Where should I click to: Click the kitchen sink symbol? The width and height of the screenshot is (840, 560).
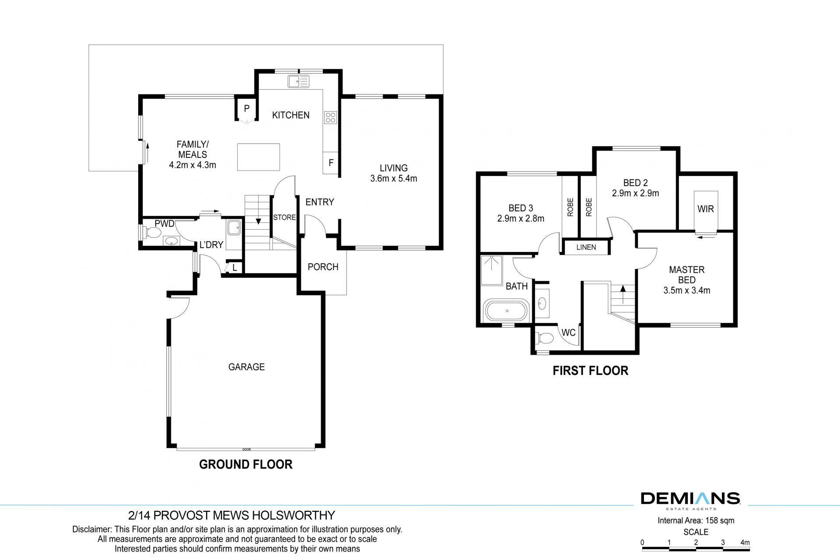[x=298, y=81]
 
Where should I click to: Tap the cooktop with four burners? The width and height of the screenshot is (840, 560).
[x=330, y=118]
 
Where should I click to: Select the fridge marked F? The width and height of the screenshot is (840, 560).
[x=331, y=163]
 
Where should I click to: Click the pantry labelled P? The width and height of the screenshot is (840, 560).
[x=247, y=108]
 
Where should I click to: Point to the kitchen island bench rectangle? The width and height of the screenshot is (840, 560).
[x=259, y=157]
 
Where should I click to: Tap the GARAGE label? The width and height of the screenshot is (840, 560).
[x=246, y=367]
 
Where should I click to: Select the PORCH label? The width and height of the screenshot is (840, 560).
[x=323, y=267]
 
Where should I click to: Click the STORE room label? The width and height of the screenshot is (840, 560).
[x=284, y=217]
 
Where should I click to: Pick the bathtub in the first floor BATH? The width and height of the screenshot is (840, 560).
[x=507, y=311]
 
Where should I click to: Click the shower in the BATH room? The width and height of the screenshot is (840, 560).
[x=492, y=270]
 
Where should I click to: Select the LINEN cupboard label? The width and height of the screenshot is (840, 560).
[x=586, y=247]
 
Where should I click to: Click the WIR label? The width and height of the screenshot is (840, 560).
[x=705, y=209]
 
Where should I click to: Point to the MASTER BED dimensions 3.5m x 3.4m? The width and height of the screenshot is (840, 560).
[x=686, y=290]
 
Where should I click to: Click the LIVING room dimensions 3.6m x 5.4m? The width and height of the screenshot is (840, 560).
[x=393, y=178]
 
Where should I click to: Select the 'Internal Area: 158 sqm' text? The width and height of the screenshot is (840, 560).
[x=696, y=521]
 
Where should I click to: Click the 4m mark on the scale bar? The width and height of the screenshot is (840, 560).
[x=745, y=542]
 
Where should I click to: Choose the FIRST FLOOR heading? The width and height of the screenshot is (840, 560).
[x=590, y=371]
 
